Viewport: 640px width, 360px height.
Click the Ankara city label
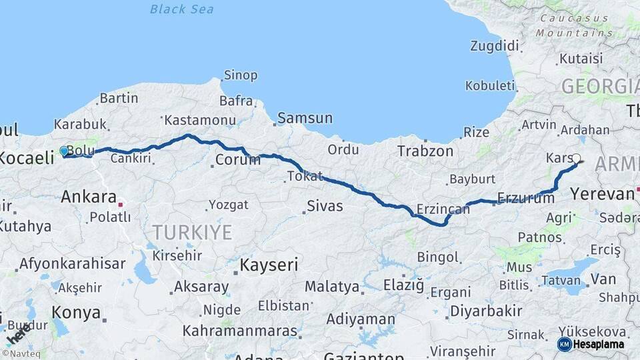pyautogui.click(x=89, y=197)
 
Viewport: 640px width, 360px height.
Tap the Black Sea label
pyautogui.click(x=181, y=9)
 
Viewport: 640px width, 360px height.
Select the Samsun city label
pyautogui.click(x=305, y=118)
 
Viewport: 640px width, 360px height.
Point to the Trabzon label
pyautogui.click(x=425, y=151)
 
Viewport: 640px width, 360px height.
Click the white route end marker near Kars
pyautogui.click(x=577, y=159)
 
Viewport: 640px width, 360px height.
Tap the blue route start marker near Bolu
pyautogui.click(x=64, y=151)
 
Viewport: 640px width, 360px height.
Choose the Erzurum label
pyautogui.click(x=527, y=199)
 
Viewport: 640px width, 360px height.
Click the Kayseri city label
pyautogui.click(x=269, y=265)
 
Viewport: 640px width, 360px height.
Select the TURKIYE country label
pyautogui.click(x=192, y=233)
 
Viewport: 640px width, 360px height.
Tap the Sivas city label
pyautogui.click(x=325, y=206)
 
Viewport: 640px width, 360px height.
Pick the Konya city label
pyautogui.click(x=76, y=313)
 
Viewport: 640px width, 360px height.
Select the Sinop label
pyautogui.click(x=240, y=75)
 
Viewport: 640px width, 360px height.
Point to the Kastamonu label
pyautogui.click(x=191, y=120)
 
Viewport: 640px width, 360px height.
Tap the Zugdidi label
pyautogui.click(x=494, y=46)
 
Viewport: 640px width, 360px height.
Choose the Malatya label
pyautogui.click(x=332, y=287)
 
